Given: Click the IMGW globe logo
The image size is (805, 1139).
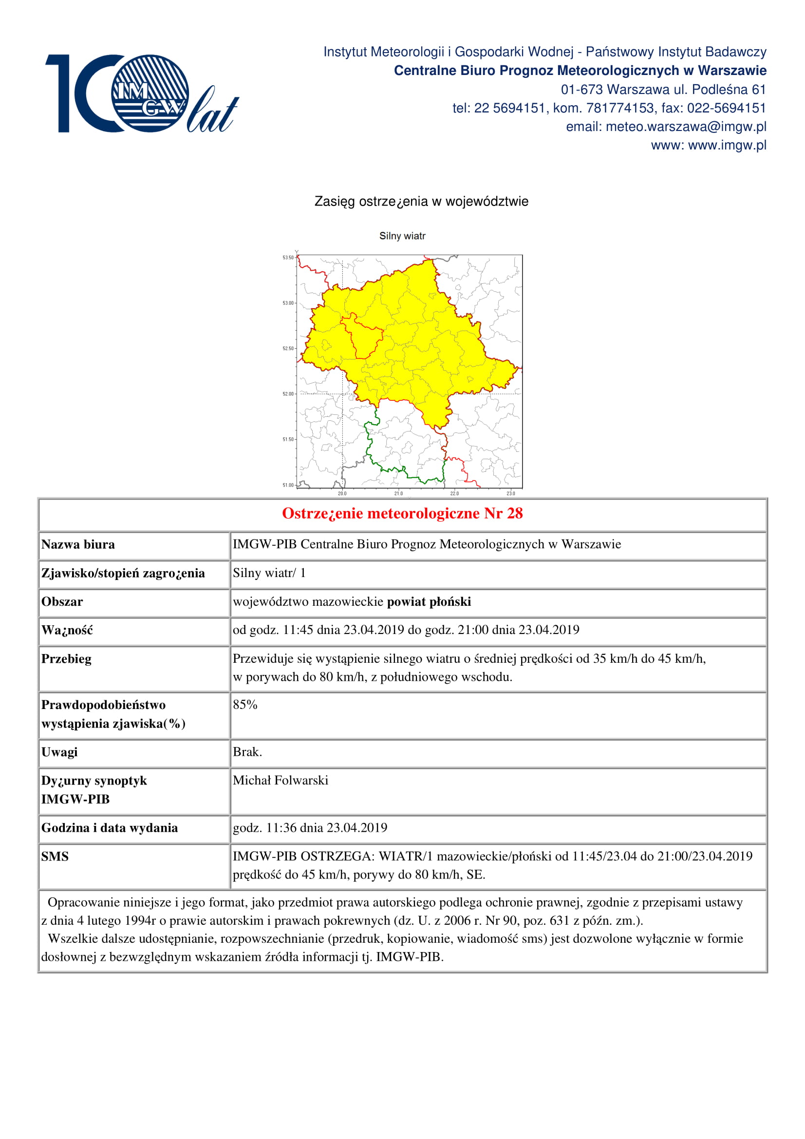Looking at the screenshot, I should coord(150,93).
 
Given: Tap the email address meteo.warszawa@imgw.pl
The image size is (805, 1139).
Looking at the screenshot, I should coord(686,127).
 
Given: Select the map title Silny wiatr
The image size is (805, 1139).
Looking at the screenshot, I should coord(402,236).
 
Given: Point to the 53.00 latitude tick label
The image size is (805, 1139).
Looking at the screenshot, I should coord(288,303).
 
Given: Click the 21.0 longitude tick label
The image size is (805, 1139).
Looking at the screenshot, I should coord(398,494).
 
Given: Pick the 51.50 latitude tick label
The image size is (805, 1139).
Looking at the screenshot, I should coord(288,440).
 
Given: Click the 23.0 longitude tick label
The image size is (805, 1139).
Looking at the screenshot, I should coord(511,494).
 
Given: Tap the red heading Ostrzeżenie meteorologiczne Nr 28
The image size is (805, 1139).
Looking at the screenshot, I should coord(402,513).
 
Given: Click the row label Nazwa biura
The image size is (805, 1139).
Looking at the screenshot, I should coord(78,545).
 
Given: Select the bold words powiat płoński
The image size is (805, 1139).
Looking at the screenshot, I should coord(429,602).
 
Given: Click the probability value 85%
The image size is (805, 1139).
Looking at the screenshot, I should coord(245,705).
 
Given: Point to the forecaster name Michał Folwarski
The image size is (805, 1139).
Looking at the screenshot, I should coord(280,781).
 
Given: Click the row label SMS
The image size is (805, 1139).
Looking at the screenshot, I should coord(55,857).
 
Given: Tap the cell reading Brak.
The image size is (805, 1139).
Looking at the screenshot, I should coord(247,752).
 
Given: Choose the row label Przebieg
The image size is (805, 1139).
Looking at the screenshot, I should coord(66,659).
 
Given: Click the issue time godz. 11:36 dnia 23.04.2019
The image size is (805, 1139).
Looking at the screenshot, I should coord(310,828).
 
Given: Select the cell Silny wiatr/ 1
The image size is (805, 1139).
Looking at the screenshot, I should coord(269,573).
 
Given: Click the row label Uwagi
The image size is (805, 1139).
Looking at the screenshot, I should coord(59,752).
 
